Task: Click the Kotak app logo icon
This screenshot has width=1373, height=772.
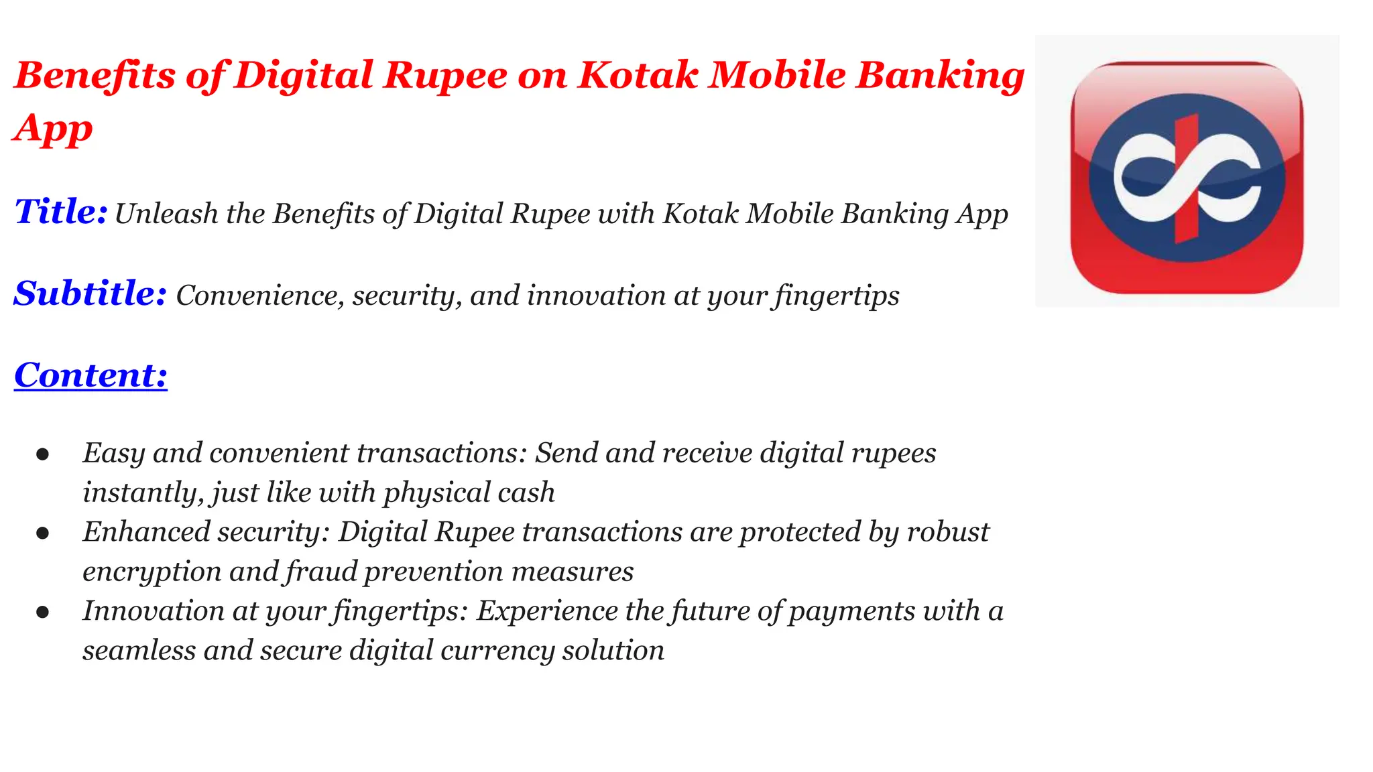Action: point(1187,178)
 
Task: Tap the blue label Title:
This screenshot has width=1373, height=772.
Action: point(61,212)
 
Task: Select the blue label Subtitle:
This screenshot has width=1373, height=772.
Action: point(90,294)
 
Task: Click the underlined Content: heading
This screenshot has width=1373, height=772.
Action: point(91,375)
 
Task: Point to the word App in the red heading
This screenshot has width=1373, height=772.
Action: point(52,129)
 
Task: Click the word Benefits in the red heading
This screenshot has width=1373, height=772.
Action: point(95,74)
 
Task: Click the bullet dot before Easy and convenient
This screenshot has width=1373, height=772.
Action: point(43,455)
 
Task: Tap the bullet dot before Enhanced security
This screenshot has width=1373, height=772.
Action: point(43,533)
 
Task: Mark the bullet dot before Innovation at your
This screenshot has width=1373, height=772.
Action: point(43,613)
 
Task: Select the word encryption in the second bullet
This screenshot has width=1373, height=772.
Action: point(152,572)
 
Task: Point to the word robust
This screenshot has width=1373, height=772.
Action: point(948,532)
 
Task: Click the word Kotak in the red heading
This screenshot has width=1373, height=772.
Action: point(638,74)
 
